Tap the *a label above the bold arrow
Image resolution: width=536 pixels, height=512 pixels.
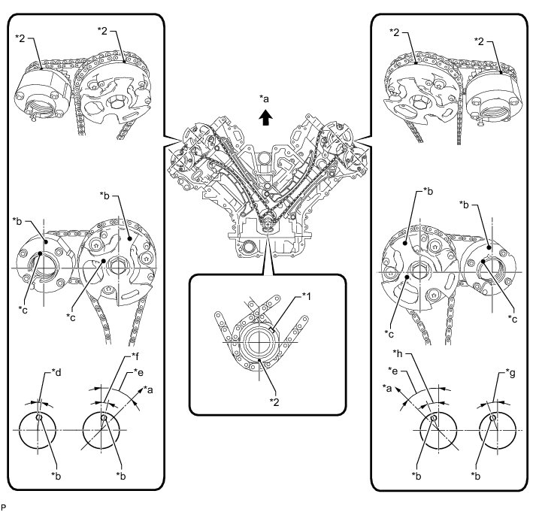(263, 98)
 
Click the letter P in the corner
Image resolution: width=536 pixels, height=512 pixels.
(4, 507)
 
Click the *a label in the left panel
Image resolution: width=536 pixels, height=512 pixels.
(148, 390)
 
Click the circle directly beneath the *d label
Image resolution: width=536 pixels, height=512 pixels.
(40, 429)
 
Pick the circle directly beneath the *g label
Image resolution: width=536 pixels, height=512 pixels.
(494, 429)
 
